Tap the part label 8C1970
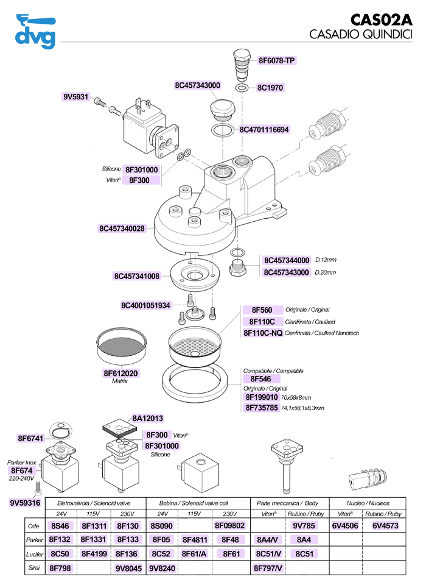[270, 88]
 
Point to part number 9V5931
[76, 97]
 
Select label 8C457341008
[136, 276]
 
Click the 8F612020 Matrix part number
[120, 373]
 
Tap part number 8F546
[262, 379]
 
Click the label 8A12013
[147, 419]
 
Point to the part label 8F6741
[29, 438]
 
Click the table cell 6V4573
[385, 525]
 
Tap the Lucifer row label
[34, 554]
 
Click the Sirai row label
[34, 568]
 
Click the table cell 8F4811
[195, 540]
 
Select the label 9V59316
[25, 503]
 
